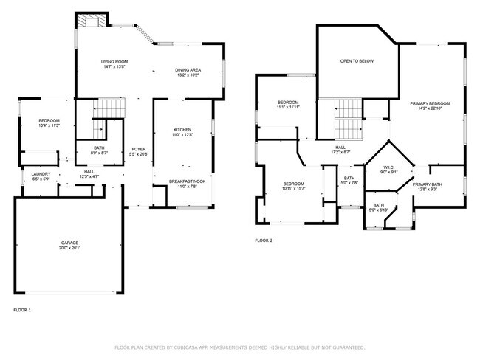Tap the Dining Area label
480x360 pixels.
click(188, 69)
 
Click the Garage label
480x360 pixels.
click(69, 243)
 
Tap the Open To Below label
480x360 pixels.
click(357, 61)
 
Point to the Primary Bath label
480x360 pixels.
click(427, 184)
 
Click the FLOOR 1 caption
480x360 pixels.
click(23, 310)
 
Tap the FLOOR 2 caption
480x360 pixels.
click(264, 240)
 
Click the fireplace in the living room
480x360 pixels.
click(92, 21)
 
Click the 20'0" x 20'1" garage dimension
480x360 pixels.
click(69, 249)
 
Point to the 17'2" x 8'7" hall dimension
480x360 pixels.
click(340, 152)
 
